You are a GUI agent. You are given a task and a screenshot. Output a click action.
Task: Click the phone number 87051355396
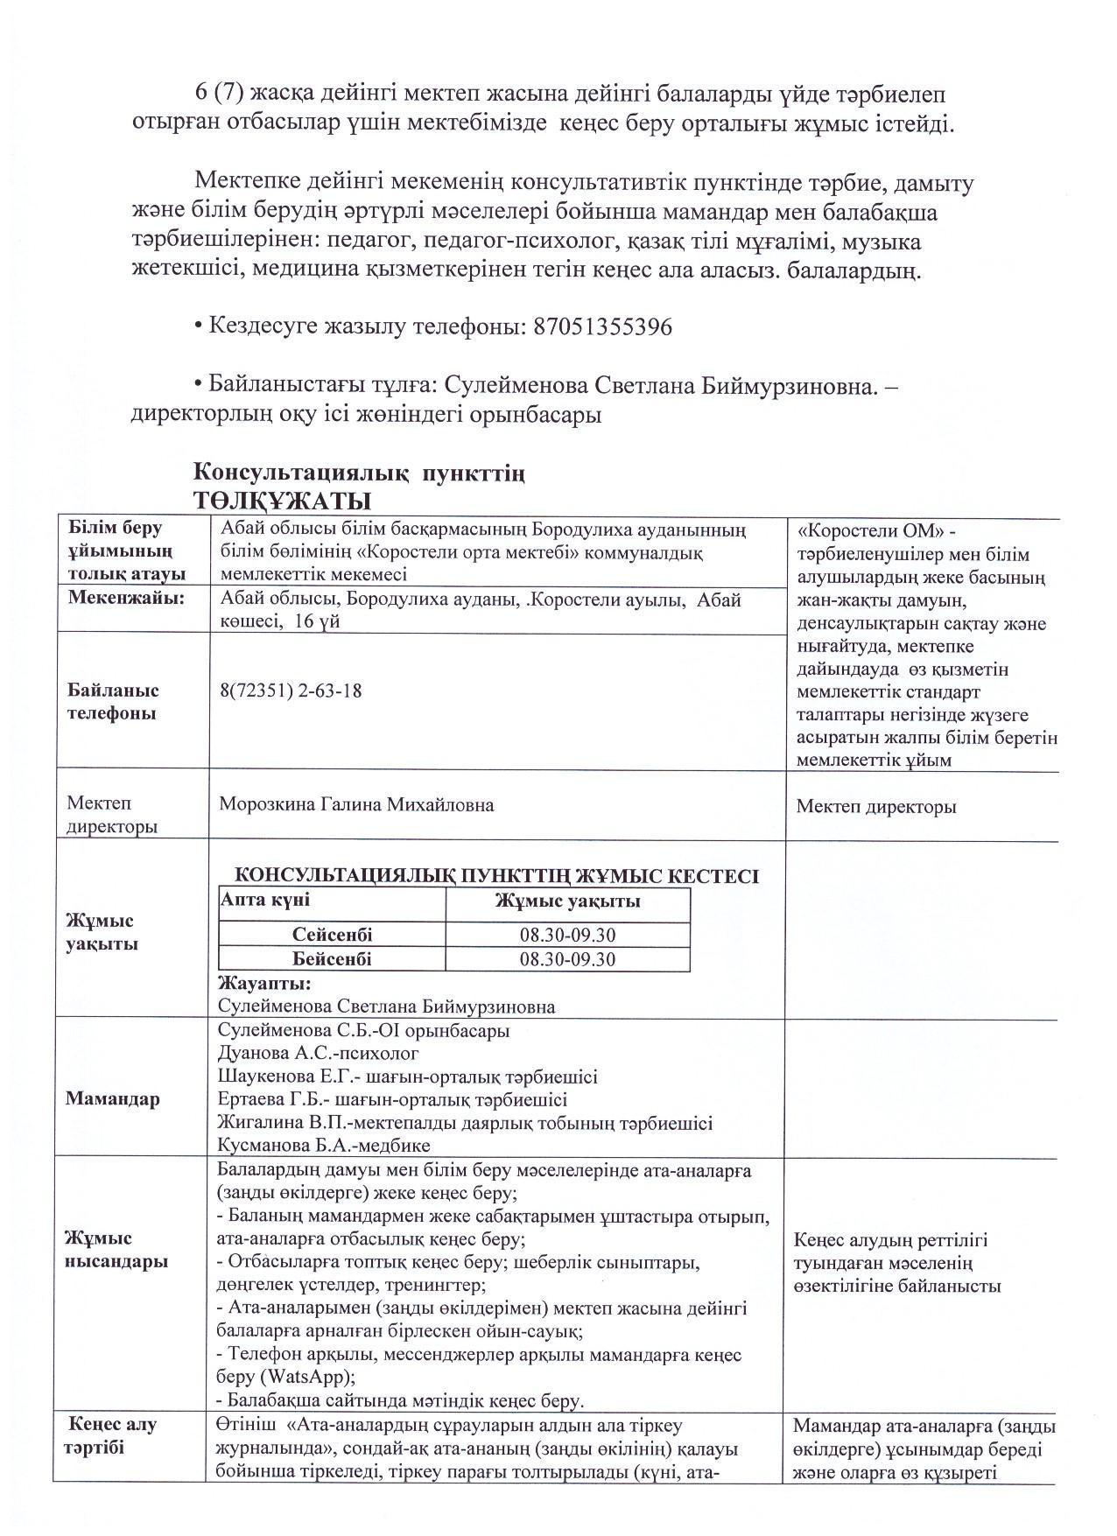pyautogui.click(x=602, y=327)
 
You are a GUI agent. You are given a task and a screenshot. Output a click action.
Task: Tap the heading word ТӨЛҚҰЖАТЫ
pyautogui.click(x=282, y=501)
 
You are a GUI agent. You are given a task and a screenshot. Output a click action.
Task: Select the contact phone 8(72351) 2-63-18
pyautogui.click(x=292, y=691)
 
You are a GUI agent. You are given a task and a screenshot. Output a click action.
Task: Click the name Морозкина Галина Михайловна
pyautogui.click(x=355, y=804)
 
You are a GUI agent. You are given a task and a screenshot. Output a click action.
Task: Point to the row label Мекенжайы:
pyautogui.click(x=127, y=598)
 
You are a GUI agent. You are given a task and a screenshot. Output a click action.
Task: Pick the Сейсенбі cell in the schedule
pyautogui.click(x=332, y=935)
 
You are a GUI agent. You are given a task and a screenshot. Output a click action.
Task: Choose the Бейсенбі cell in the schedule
pyautogui.click(x=332, y=958)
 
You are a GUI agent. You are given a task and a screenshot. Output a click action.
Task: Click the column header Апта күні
pyautogui.click(x=266, y=900)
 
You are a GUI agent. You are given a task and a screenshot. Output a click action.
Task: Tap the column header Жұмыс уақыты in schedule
pyautogui.click(x=567, y=901)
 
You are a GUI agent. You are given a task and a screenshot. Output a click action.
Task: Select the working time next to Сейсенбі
pyautogui.click(x=567, y=935)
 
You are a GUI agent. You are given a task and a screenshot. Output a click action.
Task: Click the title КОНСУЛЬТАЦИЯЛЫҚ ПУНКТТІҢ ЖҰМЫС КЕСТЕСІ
pyautogui.click(x=497, y=876)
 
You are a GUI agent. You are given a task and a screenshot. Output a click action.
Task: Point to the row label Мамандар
pyautogui.click(x=113, y=1099)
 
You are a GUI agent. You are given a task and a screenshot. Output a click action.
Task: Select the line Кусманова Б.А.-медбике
pyautogui.click(x=324, y=1145)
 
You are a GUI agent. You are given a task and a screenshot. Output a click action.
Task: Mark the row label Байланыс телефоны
pyautogui.click(x=113, y=702)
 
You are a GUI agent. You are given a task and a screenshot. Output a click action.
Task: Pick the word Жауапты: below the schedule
pyautogui.click(x=258, y=983)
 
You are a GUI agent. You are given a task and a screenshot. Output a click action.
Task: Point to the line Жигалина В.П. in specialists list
pyautogui.click(x=464, y=1122)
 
